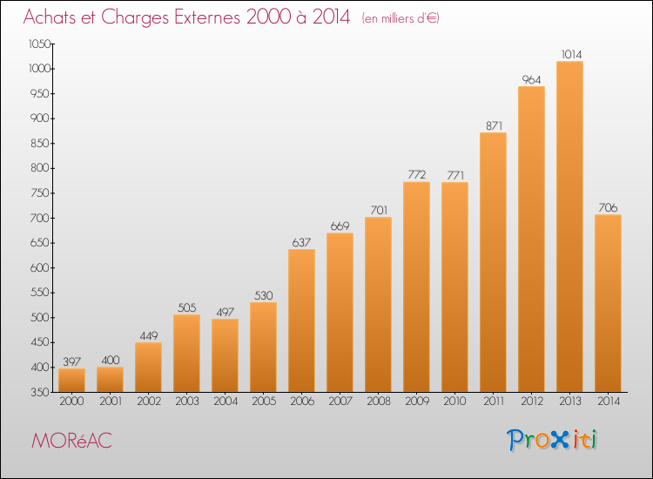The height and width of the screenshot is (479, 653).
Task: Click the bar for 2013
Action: pos(569,226)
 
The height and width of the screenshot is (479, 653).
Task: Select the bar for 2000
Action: pos(71,381)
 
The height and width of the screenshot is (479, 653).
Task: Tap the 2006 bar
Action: pos(301,320)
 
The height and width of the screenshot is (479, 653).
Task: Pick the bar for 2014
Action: pos(608,303)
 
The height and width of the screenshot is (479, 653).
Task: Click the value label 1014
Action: pos(571,54)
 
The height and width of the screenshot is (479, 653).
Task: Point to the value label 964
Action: pos(531,79)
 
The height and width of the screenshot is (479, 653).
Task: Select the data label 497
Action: pos(226,312)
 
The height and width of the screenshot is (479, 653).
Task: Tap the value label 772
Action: pos(416,174)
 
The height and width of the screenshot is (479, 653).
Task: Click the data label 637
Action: pos(301,242)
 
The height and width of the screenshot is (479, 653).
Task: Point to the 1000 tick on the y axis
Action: pos(39,69)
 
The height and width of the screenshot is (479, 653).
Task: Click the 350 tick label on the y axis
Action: pos(40,393)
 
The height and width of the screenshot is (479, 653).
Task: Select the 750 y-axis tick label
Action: pos(40,193)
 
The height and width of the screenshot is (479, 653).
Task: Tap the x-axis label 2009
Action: pos(417,401)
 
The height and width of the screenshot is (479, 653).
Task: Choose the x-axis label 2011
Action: pos(494,401)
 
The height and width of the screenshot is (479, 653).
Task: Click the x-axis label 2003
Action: pos(187,401)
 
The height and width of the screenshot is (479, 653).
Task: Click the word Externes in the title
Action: pos(207,17)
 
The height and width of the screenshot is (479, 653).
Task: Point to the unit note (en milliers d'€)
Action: pos(401,18)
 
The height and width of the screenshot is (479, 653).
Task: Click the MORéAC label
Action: pos(71,441)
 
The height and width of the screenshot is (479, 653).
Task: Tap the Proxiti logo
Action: pos(552,440)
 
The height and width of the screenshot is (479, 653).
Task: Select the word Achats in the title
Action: pos(50,17)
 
